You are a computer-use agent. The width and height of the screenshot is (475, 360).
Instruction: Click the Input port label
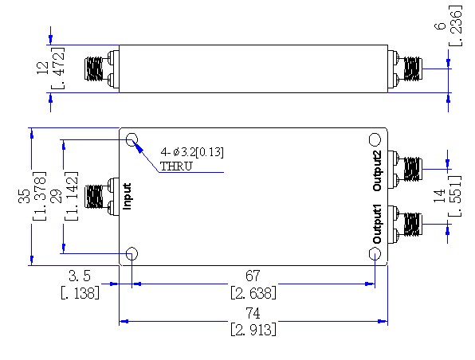tap(128, 197)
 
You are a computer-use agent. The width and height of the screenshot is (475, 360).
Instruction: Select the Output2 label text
tap(377, 170)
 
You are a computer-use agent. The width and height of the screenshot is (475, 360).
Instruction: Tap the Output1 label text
tap(377, 224)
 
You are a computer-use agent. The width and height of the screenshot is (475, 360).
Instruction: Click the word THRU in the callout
tap(176, 166)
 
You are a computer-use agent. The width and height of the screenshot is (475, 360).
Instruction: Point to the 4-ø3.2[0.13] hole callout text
tap(192, 152)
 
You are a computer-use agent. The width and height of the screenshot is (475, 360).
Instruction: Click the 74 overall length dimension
tap(253, 313)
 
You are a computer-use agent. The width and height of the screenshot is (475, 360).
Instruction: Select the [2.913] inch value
tap(253, 330)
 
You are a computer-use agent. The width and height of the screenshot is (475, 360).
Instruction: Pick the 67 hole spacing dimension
tap(253, 276)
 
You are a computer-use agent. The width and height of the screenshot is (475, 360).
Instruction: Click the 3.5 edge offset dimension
tap(80, 276)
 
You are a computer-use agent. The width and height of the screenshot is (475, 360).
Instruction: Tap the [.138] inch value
tap(80, 293)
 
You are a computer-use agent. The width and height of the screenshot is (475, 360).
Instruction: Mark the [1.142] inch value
tap(72, 196)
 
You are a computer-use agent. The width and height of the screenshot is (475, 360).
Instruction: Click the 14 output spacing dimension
tap(440, 196)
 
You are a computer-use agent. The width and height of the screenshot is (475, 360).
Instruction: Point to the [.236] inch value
tap(456, 25)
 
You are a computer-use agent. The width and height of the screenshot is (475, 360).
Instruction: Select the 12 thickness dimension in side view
tap(42, 68)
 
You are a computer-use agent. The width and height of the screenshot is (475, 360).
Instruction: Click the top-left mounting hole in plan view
tap(132, 139)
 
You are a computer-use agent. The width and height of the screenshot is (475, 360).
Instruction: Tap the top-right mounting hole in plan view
tap(375, 139)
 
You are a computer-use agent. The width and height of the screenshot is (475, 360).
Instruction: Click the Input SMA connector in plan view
tap(102, 197)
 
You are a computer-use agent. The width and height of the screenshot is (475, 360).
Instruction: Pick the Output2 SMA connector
tap(405, 170)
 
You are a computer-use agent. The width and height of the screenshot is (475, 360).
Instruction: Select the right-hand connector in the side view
tap(405, 69)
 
